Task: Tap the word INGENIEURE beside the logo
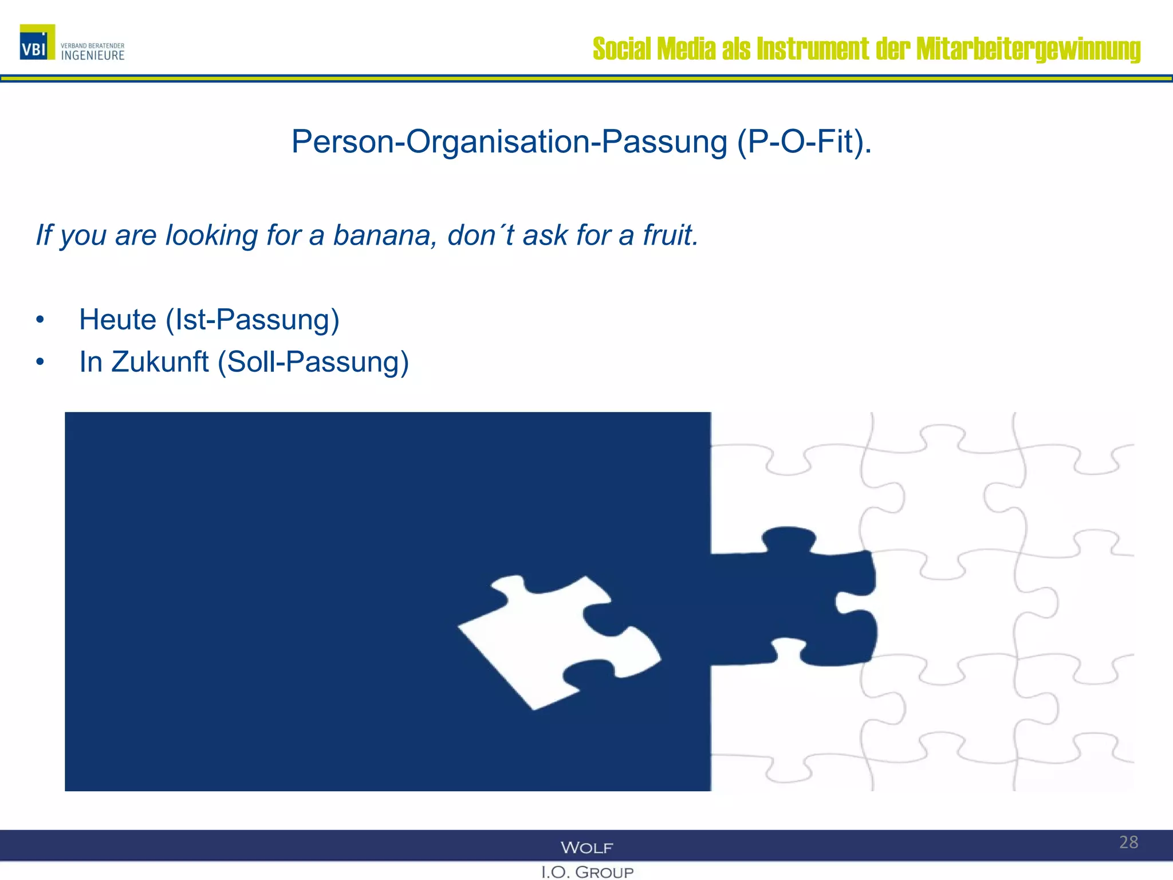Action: tap(93, 56)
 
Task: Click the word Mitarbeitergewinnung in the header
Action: tap(1028, 49)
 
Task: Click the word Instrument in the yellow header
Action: tap(813, 49)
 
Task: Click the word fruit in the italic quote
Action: tap(667, 235)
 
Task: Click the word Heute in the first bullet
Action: tap(117, 320)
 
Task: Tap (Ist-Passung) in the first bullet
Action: tap(253, 320)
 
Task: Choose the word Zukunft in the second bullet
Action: tap(160, 362)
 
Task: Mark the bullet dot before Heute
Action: tap(40, 320)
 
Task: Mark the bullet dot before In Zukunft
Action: tap(40, 362)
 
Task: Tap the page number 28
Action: tap(1128, 842)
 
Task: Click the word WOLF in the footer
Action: tap(586, 847)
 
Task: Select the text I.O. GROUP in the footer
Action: tap(587, 872)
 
